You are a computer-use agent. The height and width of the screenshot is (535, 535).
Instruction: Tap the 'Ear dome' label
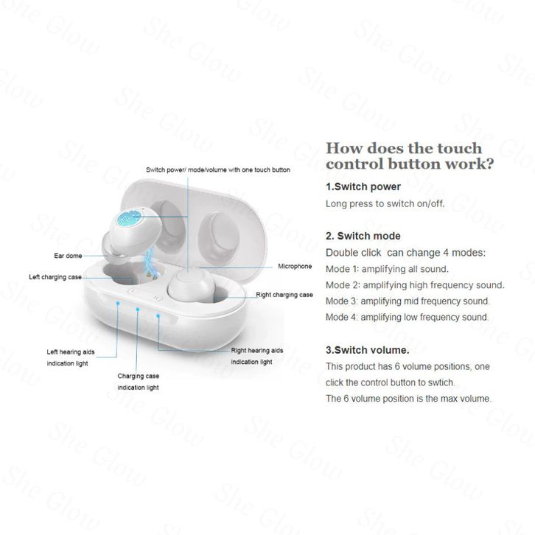point(67,256)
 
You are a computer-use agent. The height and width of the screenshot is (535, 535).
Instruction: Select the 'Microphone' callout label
point(294,266)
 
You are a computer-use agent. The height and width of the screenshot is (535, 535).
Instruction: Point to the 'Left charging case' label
point(55,277)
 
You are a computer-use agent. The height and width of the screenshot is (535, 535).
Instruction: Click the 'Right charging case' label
point(284,295)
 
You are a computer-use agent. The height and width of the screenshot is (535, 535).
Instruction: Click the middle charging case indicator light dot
point(138,310)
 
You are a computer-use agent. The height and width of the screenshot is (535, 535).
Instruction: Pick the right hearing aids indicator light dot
point(157,317)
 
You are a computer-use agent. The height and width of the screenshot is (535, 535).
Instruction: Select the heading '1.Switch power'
point(363,186)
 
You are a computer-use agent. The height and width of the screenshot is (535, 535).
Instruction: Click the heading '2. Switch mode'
point(363,236)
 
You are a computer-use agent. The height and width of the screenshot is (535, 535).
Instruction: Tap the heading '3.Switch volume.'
point(367,350)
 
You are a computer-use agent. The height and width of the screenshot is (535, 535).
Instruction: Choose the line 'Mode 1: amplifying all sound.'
point(387,269)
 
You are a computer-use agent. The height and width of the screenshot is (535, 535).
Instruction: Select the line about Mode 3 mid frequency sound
point(408,301)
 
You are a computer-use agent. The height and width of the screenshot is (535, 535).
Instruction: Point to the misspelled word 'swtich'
point(439,382)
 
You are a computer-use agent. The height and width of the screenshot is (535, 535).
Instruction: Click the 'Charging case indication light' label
point(138,381)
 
